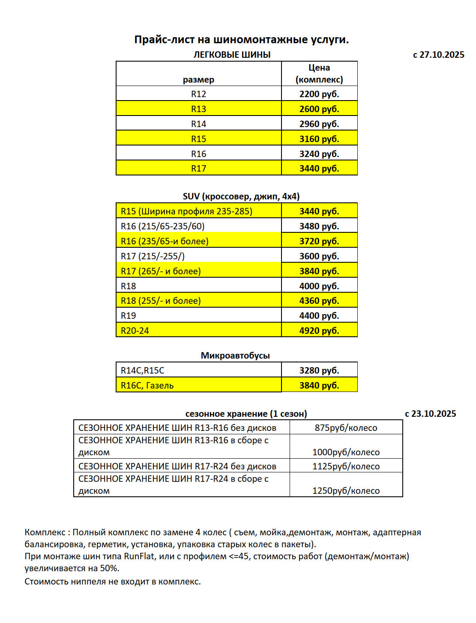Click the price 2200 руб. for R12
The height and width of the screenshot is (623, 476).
(x=319, y=94)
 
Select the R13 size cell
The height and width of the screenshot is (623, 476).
(x=198, y=109)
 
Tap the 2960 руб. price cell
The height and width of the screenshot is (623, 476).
(x=319, y=124)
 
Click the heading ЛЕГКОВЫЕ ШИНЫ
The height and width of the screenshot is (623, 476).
(x=232, y=55)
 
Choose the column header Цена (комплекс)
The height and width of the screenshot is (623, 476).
(x=319, y=74)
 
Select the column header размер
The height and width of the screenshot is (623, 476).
(x=198, y=80)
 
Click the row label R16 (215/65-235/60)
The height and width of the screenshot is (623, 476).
(x=162, y=226)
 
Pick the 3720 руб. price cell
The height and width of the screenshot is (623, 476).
(x=319, y=241)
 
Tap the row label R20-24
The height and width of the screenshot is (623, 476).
(x=135, y=331)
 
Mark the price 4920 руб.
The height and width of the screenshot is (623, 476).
(x=319, y=331)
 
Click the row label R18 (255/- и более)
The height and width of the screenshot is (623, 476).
(x=161, y=301)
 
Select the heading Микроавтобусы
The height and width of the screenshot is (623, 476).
(x=235, y=356)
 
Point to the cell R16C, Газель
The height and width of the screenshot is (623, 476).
(x=147, y=386)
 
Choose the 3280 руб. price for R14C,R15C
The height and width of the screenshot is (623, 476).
(x=319, y=371)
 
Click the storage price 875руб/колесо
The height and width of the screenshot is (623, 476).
(x=346, y=428)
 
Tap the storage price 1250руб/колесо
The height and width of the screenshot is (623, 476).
(x=346, y=491)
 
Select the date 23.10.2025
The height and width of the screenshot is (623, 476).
(x=434, y=414)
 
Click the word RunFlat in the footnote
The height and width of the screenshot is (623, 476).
(x=139, y=556)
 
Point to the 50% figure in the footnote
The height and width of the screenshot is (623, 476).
(x=110, y=568)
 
